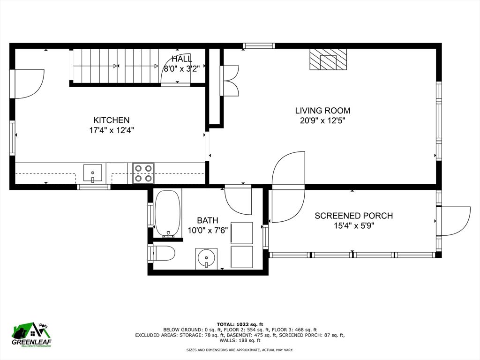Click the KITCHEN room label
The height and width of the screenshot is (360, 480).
[x=111, y=120]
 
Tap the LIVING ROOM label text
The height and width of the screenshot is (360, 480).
[x=322, y=111]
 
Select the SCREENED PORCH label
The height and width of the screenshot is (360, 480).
[x=353, y=216]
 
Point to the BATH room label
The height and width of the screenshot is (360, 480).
[x=207, y=220]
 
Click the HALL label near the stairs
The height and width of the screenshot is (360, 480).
[x=181, y=59]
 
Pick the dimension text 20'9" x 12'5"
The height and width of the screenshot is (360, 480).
[x=322, y=120]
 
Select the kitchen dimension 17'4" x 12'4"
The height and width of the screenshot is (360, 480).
[x=111, y=130]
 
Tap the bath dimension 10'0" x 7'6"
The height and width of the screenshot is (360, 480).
[x=207, y=230]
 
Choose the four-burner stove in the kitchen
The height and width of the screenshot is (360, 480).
[x=143, y=173]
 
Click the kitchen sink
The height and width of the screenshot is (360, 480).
[x=93, y=173]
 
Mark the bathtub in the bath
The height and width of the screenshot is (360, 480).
[x=167, y=214]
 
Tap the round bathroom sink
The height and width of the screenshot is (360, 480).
[x=206, y=258]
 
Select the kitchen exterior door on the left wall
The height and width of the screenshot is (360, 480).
[x=27, y=84]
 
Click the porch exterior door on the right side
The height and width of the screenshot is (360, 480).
[x=454, y=220]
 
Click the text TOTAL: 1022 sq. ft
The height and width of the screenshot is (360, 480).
[x=240, y=324]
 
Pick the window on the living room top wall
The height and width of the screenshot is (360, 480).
[x=259, y=46]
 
